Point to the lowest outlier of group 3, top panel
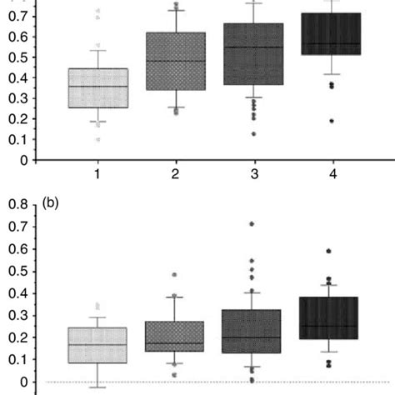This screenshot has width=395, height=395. (252, 134)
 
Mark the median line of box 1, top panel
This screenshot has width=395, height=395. (98, 86)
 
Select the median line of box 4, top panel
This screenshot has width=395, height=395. (330, 43)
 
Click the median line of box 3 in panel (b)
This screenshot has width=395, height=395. (252, 337)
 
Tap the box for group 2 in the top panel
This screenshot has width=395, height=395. (176, 61)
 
